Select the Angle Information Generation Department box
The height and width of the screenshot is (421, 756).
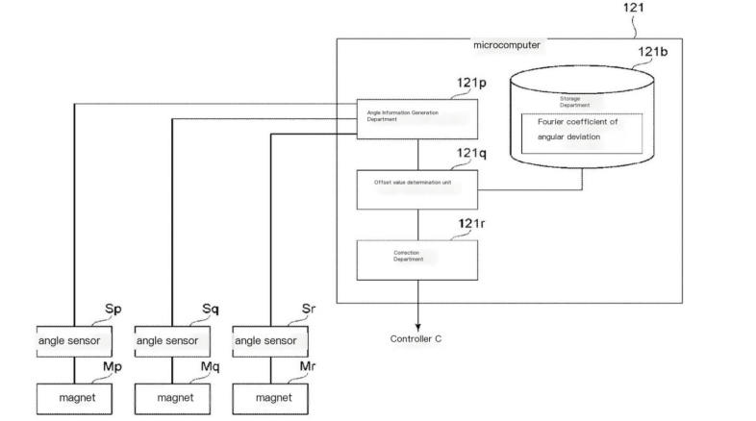pos(416,117)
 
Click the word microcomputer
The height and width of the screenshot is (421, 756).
pos(507,45)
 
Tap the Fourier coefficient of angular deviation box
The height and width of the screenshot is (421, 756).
pos(580,132)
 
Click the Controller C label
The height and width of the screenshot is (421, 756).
pos(416,338)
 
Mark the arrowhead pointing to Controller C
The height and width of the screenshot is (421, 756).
pos(417,324)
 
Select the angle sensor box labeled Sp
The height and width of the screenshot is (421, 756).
pos(75,339)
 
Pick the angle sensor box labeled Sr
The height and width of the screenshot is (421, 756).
pos(270,339)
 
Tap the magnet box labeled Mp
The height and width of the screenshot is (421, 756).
pos(75,396)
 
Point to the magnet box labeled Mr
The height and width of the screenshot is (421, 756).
pos(270,396)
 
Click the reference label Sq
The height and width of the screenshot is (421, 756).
pos(211,310)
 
